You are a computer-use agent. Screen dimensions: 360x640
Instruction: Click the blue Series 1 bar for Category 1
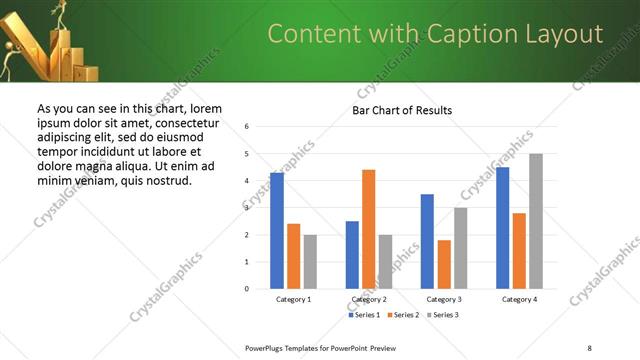277,231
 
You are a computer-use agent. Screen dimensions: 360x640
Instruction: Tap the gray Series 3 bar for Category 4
536,221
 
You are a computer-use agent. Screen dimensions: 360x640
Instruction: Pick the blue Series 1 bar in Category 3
427,241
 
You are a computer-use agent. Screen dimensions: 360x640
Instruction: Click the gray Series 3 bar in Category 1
310,262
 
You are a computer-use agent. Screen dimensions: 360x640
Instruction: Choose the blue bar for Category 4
502,228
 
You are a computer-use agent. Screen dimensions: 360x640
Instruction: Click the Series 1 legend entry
364,315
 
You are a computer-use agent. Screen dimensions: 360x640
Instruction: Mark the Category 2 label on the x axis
368,299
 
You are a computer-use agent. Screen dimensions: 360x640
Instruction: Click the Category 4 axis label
519,299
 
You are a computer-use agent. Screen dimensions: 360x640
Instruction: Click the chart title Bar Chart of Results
402,110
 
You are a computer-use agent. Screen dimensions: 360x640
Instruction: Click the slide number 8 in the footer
589,346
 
